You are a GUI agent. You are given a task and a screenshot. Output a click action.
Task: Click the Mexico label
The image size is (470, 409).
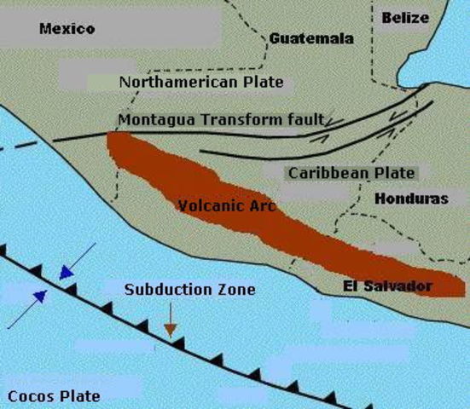click(x=67, y=29)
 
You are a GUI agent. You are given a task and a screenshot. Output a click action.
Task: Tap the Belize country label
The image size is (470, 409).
click(x=405, y=17)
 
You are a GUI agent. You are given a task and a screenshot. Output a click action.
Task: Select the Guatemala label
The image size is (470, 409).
click(x=310, y=38)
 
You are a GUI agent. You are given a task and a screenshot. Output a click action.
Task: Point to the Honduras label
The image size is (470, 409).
click(x=411, y=198)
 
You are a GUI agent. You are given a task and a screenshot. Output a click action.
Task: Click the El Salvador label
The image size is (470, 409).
click(x=392, y=285)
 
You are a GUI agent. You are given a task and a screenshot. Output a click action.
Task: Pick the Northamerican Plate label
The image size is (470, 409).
click(x=200, y=82)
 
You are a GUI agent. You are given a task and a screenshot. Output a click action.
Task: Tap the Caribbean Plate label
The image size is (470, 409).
click(x=351, y=173)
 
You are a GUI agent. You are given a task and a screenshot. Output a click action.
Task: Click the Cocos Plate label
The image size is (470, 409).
click(x=54, y=395)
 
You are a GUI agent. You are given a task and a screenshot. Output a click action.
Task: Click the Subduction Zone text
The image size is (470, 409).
click(x=189, y=290)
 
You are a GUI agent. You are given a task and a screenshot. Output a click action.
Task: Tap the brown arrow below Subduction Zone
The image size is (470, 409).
click(x=171, y=323)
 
